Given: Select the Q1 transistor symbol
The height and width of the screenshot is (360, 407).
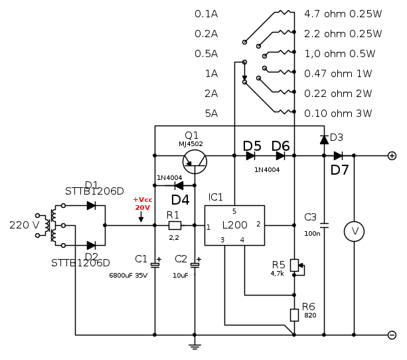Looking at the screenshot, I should pos(195,160).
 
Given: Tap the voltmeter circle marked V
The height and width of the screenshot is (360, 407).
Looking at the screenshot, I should pos(355,231).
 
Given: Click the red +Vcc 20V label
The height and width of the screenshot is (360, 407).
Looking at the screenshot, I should pos(142,203).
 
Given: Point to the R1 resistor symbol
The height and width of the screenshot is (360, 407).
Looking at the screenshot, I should pos(175,225).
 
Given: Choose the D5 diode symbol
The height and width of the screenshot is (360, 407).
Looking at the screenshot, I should pos(251,155).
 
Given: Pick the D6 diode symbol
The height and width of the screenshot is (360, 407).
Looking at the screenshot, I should pos(280,155).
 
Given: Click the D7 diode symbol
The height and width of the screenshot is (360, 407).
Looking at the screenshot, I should pos(339,155).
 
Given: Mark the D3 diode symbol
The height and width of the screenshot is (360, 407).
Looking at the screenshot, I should pos(324,139).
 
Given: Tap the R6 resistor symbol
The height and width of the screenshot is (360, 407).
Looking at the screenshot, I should pos(294,315).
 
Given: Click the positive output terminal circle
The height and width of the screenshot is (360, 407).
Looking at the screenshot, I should pos(392,155).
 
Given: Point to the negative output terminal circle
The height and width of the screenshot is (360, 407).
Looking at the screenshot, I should pos(392,335).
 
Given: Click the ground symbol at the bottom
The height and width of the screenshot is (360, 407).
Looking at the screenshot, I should pos(195,345).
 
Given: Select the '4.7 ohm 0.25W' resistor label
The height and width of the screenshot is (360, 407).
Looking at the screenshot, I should pos(343,13).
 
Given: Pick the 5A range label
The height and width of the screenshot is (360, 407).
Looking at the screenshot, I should pos(212,114).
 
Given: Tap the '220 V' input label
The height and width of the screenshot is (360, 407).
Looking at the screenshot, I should pos(25,225).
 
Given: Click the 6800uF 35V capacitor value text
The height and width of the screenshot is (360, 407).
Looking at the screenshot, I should pos(128,275).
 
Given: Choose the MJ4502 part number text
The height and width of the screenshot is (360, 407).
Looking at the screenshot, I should pos(191,143).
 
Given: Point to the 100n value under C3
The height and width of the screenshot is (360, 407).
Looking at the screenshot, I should pos(312,233).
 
